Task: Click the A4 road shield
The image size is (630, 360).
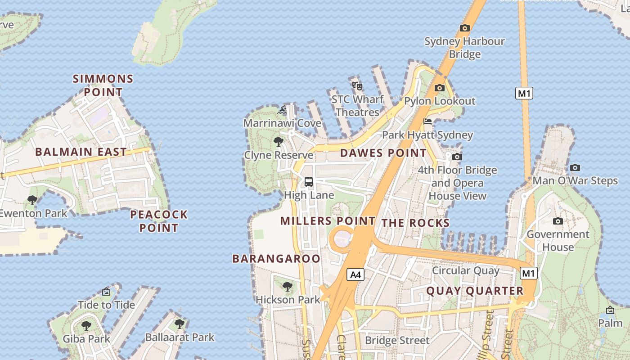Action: [355, 274]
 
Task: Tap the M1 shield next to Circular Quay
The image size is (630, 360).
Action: [528, 273]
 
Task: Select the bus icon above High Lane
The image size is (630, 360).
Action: [309, 182]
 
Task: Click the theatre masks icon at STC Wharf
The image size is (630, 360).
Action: [357, 85]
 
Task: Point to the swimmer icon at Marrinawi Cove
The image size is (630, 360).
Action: [283, 110]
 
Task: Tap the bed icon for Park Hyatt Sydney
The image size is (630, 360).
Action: [427, 121]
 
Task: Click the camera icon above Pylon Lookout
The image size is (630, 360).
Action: [440, 88]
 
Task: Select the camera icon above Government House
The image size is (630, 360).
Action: [558, 221]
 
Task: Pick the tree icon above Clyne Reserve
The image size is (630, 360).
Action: [279, 142]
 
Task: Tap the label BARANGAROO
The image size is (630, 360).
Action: [276, 259]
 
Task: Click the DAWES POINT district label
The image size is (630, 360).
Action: [383, 153]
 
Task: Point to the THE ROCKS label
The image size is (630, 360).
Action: [415, 223]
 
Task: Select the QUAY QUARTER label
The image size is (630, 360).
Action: [475, 291]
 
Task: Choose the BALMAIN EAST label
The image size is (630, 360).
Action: [81, 152]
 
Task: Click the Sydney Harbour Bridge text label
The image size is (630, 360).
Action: [464, 48]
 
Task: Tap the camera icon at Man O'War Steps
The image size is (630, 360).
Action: [575, 167]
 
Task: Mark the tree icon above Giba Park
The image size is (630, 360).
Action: [86, 325]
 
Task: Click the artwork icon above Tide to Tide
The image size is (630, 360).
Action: [106, 292]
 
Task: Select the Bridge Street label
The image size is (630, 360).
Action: [397, 341]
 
